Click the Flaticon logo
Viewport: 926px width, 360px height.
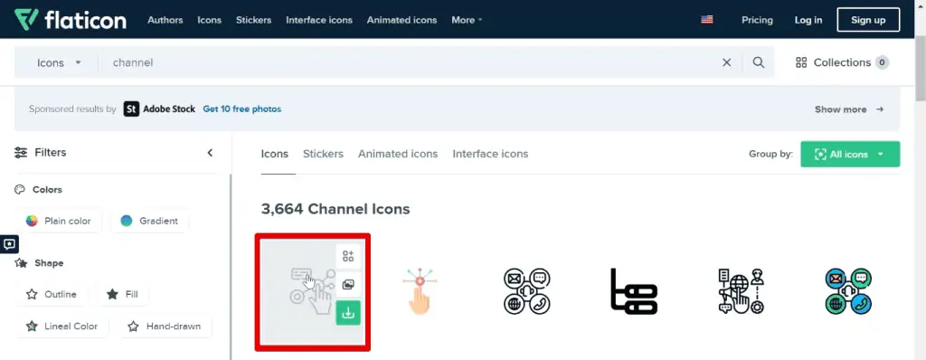(x=70, y=20)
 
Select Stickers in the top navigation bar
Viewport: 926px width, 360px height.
(x=253, y=20)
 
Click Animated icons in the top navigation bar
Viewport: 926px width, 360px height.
(x=402, y=20)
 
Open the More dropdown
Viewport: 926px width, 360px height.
(x=467, y=20)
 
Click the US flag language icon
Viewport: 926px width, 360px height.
(x=706, y=20)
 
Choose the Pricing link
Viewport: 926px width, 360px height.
(x=757, y=20)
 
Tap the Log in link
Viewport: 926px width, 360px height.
(x=808, y=20)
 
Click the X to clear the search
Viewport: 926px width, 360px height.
(x=726, y=62)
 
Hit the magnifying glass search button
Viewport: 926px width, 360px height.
(x=759, y=62)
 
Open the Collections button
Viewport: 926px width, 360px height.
(x=841, y=62)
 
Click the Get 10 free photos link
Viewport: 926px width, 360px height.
(x=241, y=109)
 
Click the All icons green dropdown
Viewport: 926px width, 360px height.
(x=849, y=154)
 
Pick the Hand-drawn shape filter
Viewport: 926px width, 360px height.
(x=165, y=326)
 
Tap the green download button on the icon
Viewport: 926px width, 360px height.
(x=348, y=313)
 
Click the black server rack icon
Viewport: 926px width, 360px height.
(x=634, y=291)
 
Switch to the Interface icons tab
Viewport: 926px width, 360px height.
(x=490, y=154)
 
